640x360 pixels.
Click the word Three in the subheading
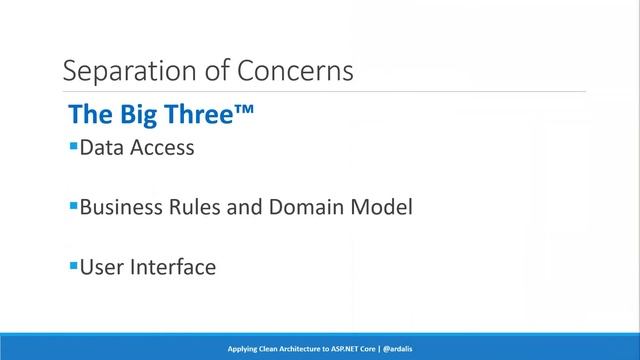coord(192,115)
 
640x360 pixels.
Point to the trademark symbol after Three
coord(243,111)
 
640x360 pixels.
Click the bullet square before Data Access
coord(73,146)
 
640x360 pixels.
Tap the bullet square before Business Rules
coord(73,206)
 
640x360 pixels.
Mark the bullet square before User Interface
coord(73,265)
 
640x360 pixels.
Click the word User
coord(102,268)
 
